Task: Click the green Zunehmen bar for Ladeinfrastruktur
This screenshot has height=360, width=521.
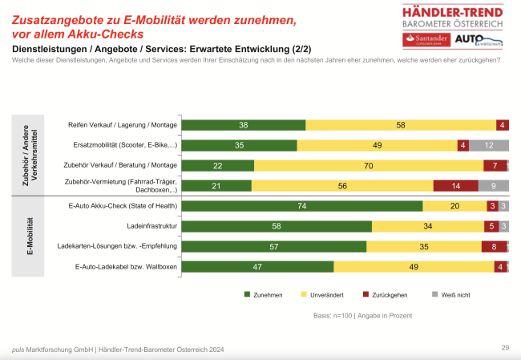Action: [x=276, y=226]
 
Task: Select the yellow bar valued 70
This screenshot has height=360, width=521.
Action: [x=369, y=165]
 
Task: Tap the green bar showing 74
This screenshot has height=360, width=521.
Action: [x=301, y=206]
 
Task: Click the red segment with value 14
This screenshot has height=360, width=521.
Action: [x=455, y=185]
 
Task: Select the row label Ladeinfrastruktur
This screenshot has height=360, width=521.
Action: [x=151, y=226]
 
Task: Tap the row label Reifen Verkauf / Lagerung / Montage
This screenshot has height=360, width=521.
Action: [x=123, y=125]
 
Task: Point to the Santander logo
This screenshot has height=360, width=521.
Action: [x=426, y=39]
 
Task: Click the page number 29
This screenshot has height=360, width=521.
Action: [x=505, y=347]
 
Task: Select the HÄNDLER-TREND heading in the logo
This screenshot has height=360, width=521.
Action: [x=453, y=11]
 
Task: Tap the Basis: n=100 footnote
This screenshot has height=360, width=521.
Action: [x=362, y=315]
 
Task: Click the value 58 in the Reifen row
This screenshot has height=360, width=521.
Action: [x=400, y=125]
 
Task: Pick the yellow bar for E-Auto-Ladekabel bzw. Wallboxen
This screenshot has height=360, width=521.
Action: [x=414, y=266]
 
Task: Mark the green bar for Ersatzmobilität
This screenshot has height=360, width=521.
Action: [x=239, y=145]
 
